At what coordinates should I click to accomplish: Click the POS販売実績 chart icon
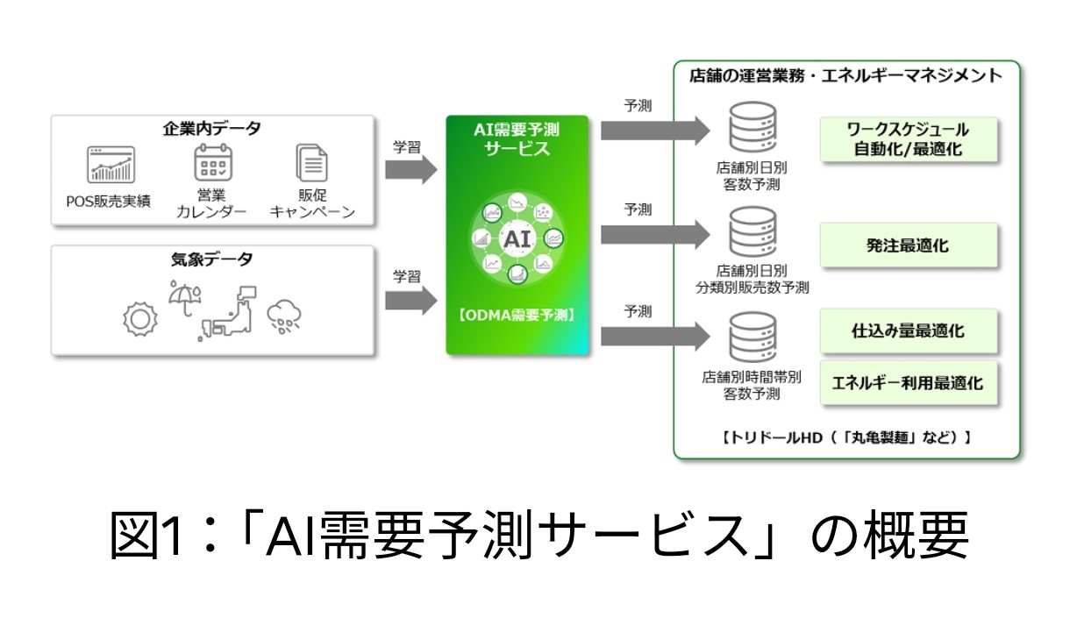(111, 165)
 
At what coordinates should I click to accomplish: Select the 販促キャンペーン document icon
(312, 164)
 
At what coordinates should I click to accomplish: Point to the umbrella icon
(183, 298)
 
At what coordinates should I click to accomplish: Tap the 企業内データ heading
(211, 129)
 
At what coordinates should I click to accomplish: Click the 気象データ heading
(211, 259)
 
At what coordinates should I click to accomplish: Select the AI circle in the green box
(516, 238)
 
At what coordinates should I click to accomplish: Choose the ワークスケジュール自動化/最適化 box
(909, 139)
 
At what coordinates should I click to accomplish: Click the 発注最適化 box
(909, 246)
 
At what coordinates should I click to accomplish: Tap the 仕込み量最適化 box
(909, 332)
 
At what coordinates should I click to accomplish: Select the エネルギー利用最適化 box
(909, 382)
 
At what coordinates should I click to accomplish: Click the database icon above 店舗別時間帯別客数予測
(751, 340)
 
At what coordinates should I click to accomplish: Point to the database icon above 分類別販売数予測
(751, 233)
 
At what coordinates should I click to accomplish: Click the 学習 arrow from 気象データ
(411, 302)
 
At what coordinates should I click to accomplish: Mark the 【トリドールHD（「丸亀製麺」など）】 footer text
(846, 436)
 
